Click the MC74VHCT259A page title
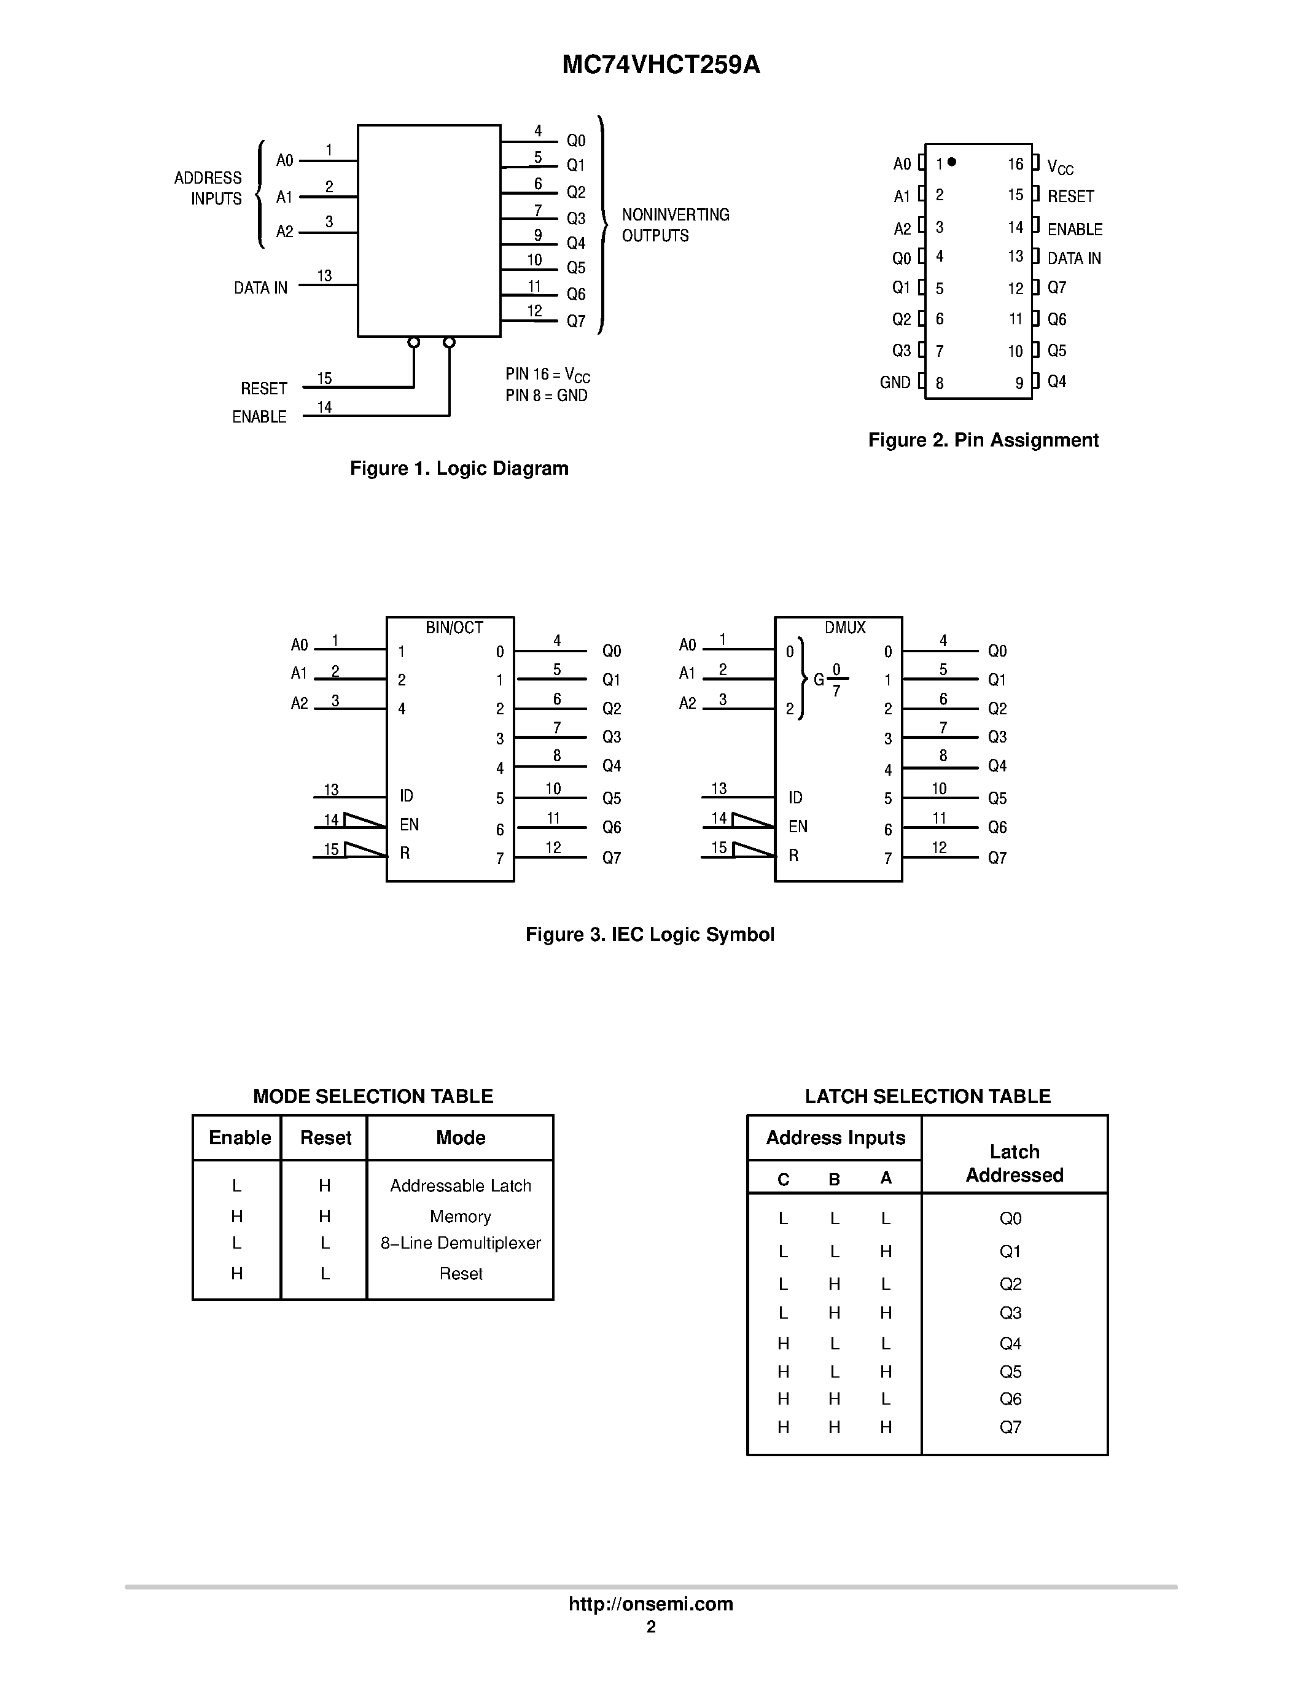pos(661,66)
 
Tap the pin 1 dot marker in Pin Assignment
pos(952,162)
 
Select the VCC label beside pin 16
pos(1060,167)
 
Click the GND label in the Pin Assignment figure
pos(895,382)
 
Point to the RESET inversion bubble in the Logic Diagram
pos(414,343)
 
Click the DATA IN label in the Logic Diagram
pos(260,287)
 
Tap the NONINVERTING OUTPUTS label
pos(675,225)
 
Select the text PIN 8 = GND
pos(547,396)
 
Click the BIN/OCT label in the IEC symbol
pos(454,628)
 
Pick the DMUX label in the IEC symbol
pos(845,628)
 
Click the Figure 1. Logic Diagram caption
pos(459,468)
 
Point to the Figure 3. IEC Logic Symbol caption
pos(649,934)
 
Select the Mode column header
pos(460,1137)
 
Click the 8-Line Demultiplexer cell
pos(460,1242)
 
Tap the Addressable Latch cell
pos(460,1185)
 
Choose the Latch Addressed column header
pos(1015,1163)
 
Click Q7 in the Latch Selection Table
pos(1010,1427)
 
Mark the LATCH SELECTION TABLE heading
pos(927,1096)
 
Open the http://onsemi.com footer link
pos(651,1604)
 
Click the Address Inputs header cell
pos(835,1137)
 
